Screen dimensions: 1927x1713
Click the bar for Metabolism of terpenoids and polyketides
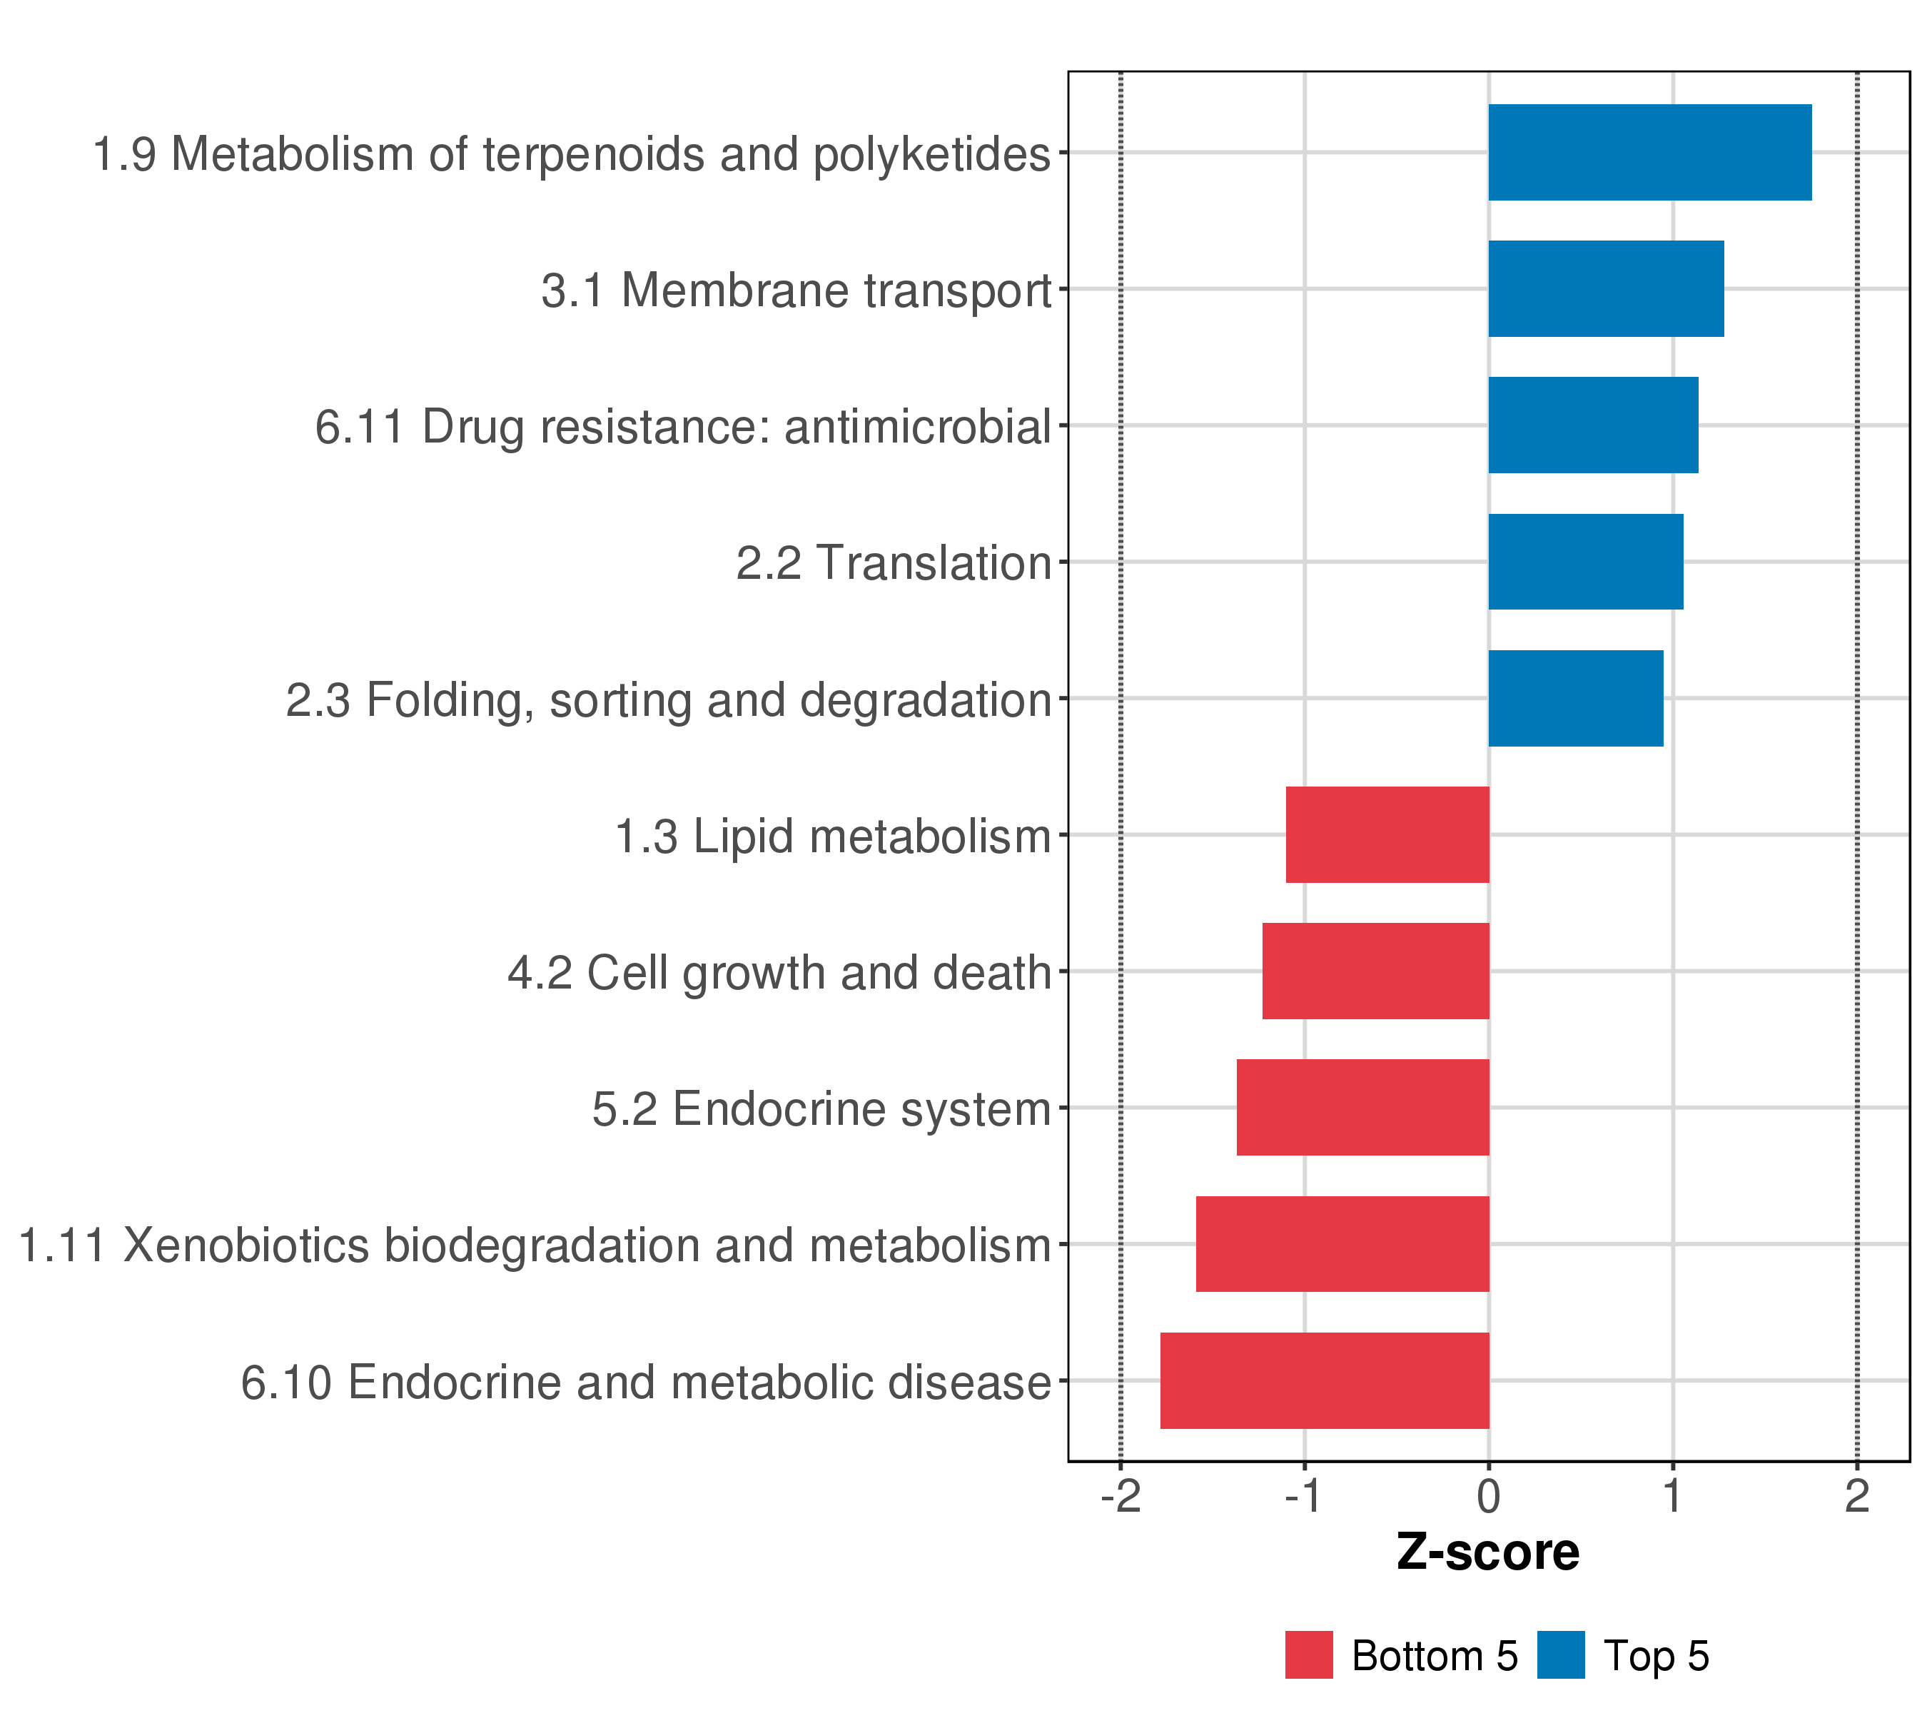click(x=1650, y=153)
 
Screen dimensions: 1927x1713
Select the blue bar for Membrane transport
click(x=1607, y=288)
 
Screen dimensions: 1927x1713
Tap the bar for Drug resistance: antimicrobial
click(x=1593, y=425)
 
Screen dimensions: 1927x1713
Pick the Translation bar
click(x=1586, y=562)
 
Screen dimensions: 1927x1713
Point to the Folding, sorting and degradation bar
click(x=1577, y=699)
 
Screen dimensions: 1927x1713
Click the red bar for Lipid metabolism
click(x=1387, y=834)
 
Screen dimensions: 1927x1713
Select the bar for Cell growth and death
click(x=1375, y=971)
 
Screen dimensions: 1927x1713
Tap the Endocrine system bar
click(x=1363, y=1108)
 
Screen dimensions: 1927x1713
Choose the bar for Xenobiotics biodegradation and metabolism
click(x=1342, y=1245)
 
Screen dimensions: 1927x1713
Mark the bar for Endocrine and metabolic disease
click(x=1325, y=1380)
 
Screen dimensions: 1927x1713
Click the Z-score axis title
click(x=1489, y=1552)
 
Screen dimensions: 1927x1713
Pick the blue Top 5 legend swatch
click(x=1561, y=1655)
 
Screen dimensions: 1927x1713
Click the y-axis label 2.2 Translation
click(x=893, y=564)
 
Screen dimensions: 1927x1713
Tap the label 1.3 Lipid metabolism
click(x=832, y=837)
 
